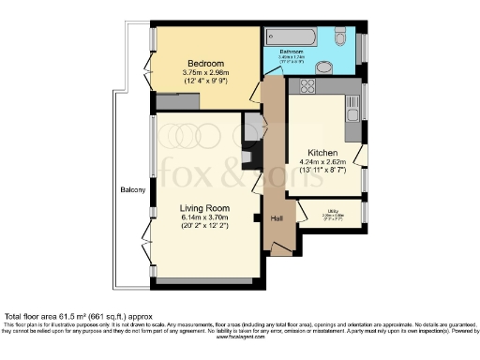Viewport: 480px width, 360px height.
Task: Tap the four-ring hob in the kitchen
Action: (x=306, y=87)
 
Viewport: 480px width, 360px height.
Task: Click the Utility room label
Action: (x=333, y=211)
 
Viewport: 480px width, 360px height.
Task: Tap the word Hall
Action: (x=277, y=218)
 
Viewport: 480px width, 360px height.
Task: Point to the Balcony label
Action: (x=132, y=190)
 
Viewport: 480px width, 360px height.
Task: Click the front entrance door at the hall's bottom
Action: (x=278, y=249)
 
